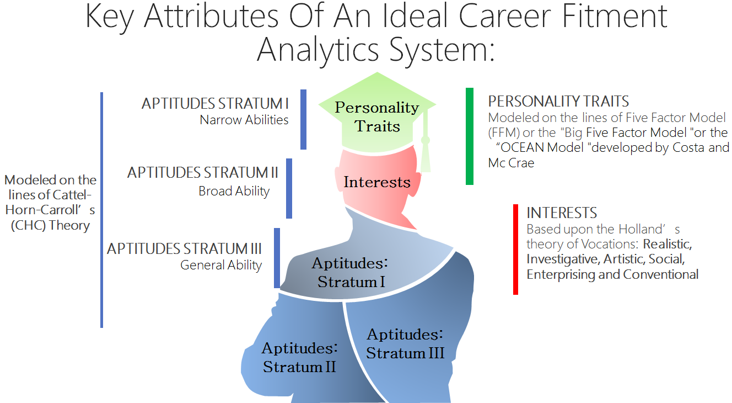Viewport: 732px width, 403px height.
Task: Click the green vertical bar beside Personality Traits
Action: [469, 136]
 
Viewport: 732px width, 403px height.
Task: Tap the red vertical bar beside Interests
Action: [515, 249]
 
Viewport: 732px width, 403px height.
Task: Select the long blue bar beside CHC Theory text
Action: [101, 210]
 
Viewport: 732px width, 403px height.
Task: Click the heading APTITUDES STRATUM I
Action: [215, 104]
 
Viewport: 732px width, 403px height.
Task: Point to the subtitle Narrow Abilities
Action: [244, 120]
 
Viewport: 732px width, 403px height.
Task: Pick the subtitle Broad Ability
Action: [234, 192]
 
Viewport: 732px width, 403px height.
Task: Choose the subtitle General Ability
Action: [221, 265]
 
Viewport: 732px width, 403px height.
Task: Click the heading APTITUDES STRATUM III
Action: [184, 248]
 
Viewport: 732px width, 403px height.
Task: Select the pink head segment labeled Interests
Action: [376, 182]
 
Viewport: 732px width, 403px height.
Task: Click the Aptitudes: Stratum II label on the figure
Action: [299, 357]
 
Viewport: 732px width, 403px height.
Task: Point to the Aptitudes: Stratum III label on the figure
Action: [405, 343]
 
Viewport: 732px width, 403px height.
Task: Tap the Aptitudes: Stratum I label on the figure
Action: [351, 272]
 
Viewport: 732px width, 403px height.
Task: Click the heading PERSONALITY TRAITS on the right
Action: [558, 102]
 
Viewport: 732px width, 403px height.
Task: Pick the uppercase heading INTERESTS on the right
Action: [562, 213]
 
